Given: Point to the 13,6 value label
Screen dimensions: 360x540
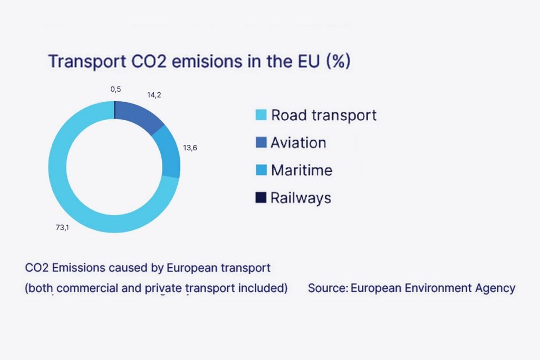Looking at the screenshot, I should [x=190, y=148].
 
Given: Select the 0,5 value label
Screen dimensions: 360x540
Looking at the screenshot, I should [x=115, y=90].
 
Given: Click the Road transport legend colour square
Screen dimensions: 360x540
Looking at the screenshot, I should [x=261, y=115].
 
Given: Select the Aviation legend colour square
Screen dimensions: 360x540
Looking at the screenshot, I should [x=261, y=142].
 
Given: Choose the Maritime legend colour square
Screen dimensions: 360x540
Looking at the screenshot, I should [x=261, y=170].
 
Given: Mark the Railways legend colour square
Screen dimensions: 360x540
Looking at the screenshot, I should [x=261, y=198].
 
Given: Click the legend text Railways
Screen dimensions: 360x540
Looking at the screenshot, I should [x=301, y=198].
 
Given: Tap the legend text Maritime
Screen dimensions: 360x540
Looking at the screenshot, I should [x=301, y=170].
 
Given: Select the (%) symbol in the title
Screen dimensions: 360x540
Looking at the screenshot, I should [x=338, y=61].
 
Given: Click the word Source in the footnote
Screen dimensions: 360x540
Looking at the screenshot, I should [x=327, y=288].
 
